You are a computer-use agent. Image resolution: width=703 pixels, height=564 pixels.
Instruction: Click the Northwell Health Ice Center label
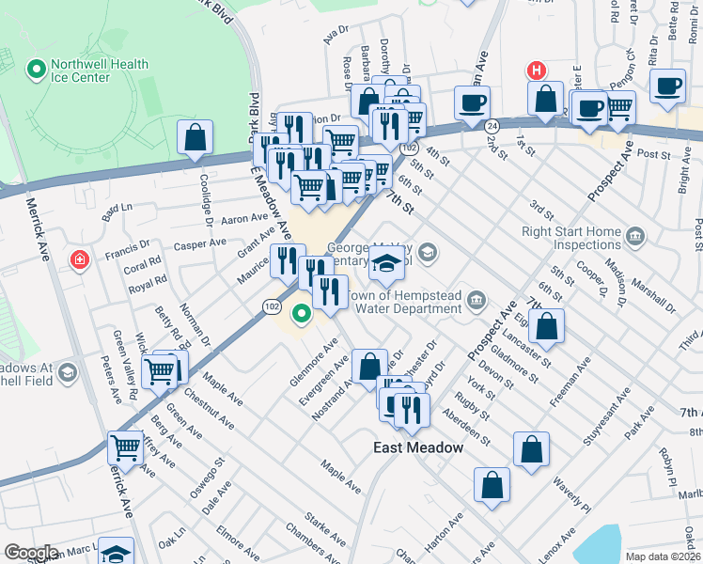click(x=101, y=70)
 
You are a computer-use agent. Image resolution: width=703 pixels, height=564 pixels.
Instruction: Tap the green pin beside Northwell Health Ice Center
click(x=37, y=70)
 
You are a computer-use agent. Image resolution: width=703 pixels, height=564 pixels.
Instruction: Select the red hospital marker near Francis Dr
click(x=80, y=258)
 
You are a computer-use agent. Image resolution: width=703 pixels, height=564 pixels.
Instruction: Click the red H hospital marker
click(x=536, y=70)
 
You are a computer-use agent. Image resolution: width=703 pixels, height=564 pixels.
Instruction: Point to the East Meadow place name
click(x=419, y=447)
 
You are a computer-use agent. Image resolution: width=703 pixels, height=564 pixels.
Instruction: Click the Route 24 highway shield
click(x=492, y=125)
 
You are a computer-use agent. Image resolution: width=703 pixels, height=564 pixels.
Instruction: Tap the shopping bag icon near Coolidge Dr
click(x=195, y=138)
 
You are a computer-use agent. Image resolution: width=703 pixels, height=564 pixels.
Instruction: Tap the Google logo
click(x=31, y=553)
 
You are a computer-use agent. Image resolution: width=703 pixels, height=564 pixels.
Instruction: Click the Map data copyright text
click(x=662, y=556)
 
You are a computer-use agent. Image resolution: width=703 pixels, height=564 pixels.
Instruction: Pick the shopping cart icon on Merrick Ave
click(x=125, y=447)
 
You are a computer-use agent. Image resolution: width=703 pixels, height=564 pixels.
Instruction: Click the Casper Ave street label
click(x=200, y=243)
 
